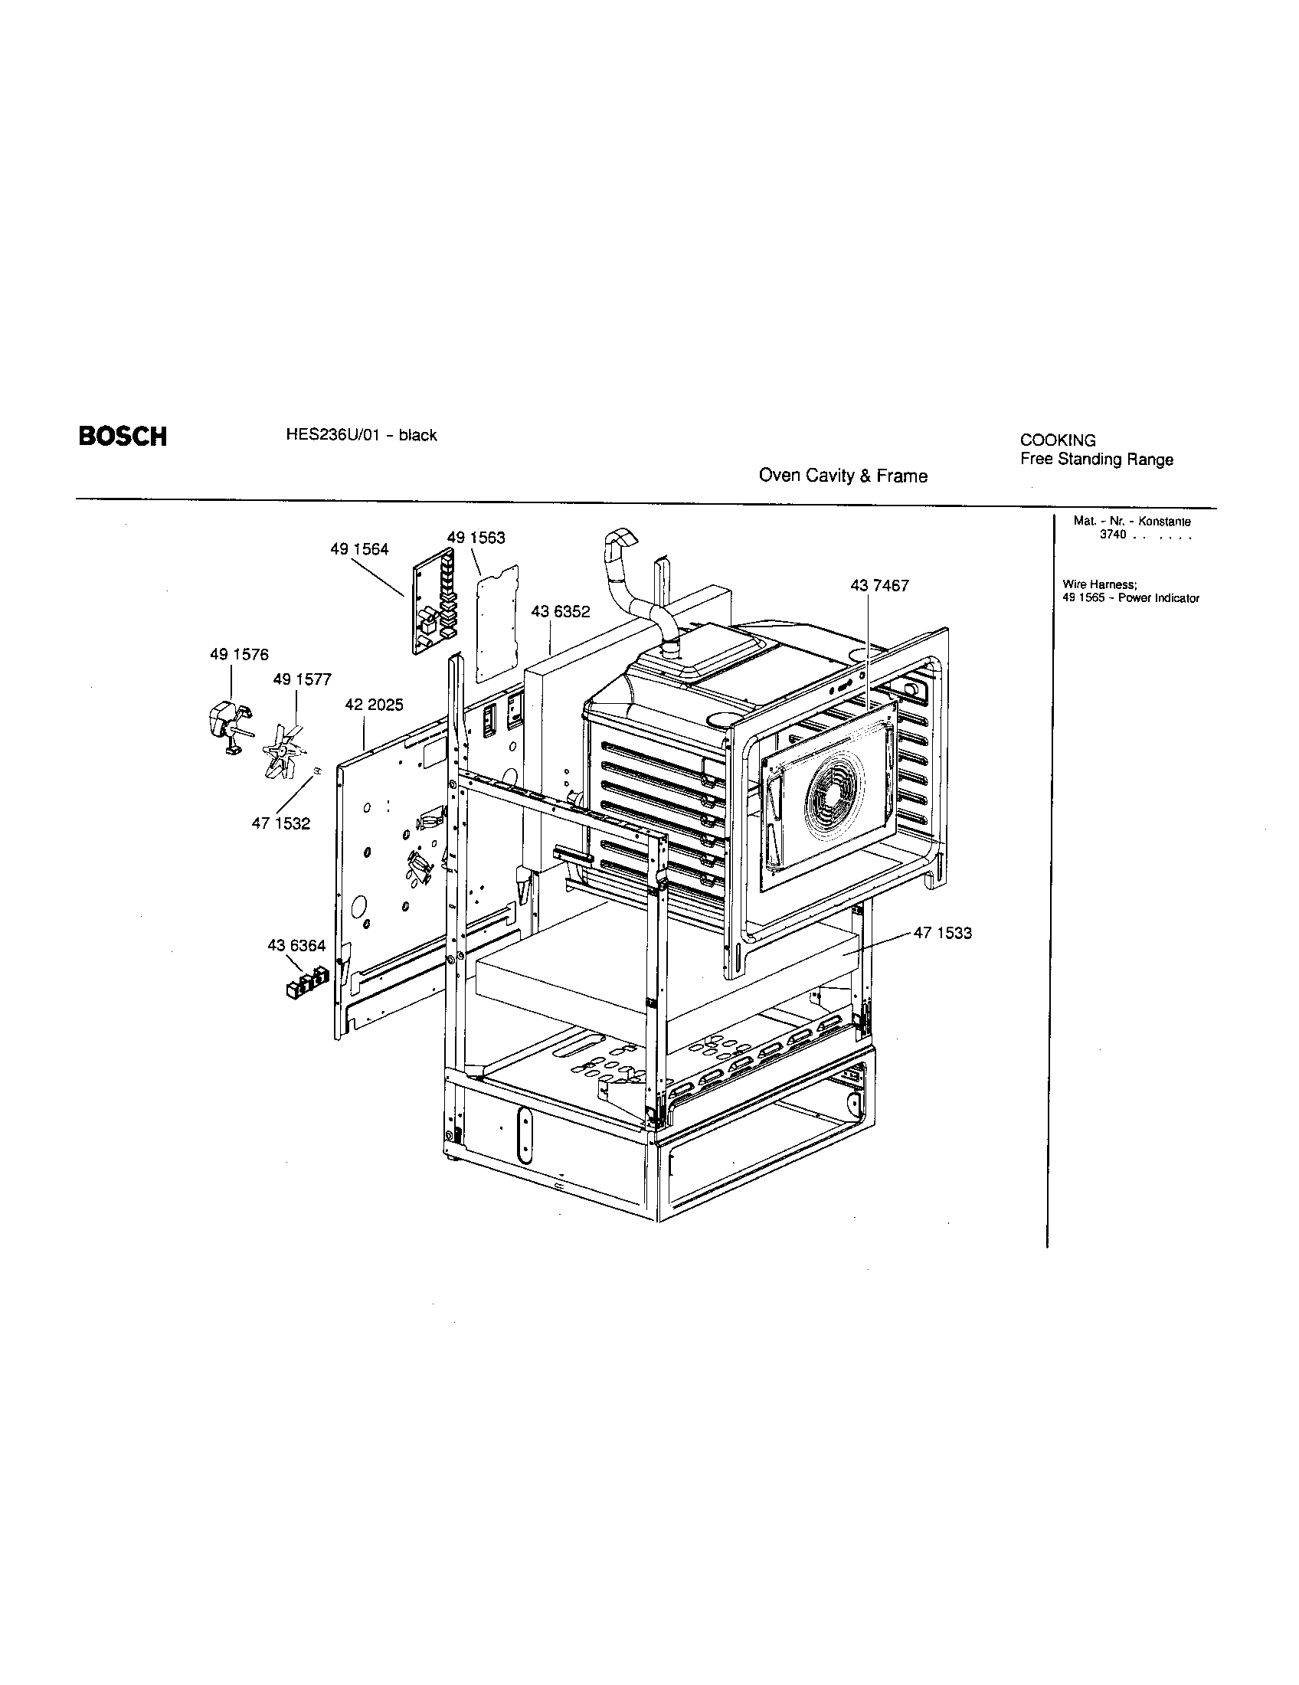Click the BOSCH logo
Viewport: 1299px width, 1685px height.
click(x=122, y=437)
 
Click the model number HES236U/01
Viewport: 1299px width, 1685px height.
click(x=323, y=435)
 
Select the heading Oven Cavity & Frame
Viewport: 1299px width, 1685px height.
click(x=843, y=476)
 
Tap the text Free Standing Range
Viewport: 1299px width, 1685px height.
click(x=1096, y=460)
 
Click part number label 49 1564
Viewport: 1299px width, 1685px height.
click(x=359, y=549)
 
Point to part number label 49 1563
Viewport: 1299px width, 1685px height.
click(x=476, y=538)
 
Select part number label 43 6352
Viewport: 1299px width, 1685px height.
click(x=561, y=611)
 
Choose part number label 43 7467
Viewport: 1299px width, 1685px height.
click(x=879, y=586)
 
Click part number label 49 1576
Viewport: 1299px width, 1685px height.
click(x=239, y=654)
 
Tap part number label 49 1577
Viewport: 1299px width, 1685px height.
click(x=302, y=679)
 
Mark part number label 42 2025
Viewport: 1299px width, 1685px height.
click(x=373, y=705)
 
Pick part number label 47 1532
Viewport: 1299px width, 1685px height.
click(x=281, y=823)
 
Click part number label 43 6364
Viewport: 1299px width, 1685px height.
click(x=296, y=945)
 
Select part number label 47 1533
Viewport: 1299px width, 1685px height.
click(x=943, y=933)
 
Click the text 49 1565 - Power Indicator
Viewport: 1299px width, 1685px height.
click(x=1130, y=598)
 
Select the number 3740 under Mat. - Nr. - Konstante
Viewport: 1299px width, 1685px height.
click(x=1113, y=535)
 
